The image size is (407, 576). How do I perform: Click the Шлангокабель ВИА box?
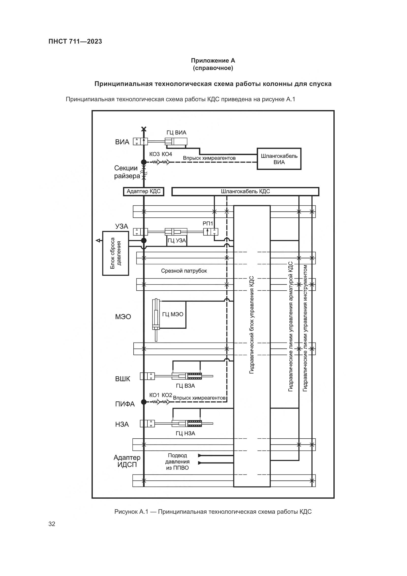pos(279,159)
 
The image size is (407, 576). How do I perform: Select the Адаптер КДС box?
pos(143,191)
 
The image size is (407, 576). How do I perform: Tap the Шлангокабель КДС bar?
pos(245,191)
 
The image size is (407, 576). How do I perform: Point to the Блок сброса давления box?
pos(116,253)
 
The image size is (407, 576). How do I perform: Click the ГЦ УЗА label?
pos(177,241)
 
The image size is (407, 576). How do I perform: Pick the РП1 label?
pos(208,223)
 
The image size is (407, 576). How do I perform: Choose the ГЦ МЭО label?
pos(173,314)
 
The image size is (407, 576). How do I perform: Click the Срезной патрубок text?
pos(184,271)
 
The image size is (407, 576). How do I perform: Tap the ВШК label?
pos(123,379)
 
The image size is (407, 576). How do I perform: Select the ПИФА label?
pos(125,404)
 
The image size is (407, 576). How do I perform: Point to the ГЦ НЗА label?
pos(185,433)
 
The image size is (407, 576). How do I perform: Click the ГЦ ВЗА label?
pos(185,386)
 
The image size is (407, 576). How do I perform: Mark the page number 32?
pos(52,524)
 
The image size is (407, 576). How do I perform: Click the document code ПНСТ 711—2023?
pos(75,41)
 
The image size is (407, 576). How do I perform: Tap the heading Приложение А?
pos(213,61)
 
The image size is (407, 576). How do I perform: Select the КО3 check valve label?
pos(154,154)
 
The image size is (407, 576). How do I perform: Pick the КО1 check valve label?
pos(154,395)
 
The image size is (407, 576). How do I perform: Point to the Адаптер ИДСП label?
pos(127,461)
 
